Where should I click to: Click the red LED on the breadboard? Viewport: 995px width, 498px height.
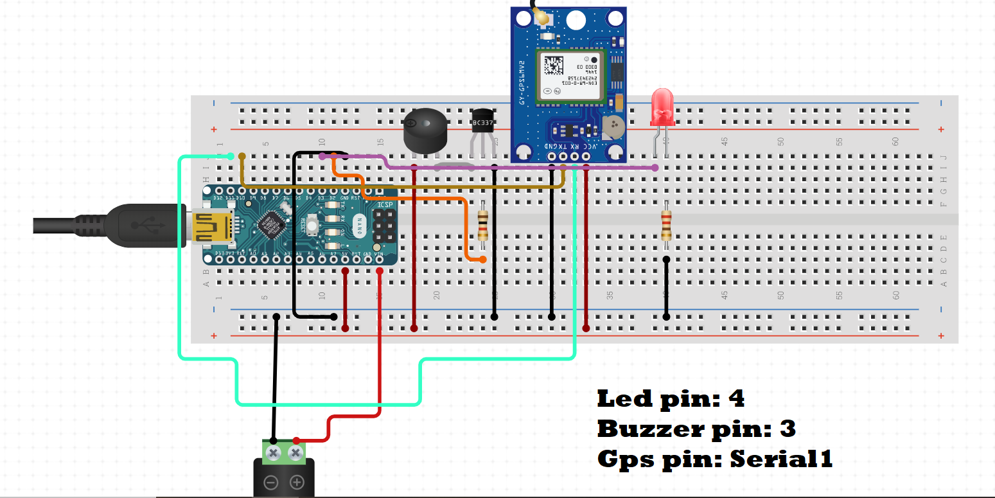pyautogui.click(x=662, y=108)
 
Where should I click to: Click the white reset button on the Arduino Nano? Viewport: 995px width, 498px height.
pyautogui.click(x=313, y=224)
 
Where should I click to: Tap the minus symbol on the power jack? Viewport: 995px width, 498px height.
pyautogui.click(x=272, y=482)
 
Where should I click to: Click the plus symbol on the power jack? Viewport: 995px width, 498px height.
pyautogui.click(x=297, y=482)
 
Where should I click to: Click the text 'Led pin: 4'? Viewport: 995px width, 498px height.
pyautogui.click(x=671, y=399)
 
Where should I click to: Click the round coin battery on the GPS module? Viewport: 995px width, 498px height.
pyautogui.click(x=614, y=127)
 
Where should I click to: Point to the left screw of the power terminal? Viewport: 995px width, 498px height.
pyautogui.click(x=273, y=454)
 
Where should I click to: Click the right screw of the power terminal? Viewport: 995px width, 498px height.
pyautogui.click(x=295, y=454)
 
